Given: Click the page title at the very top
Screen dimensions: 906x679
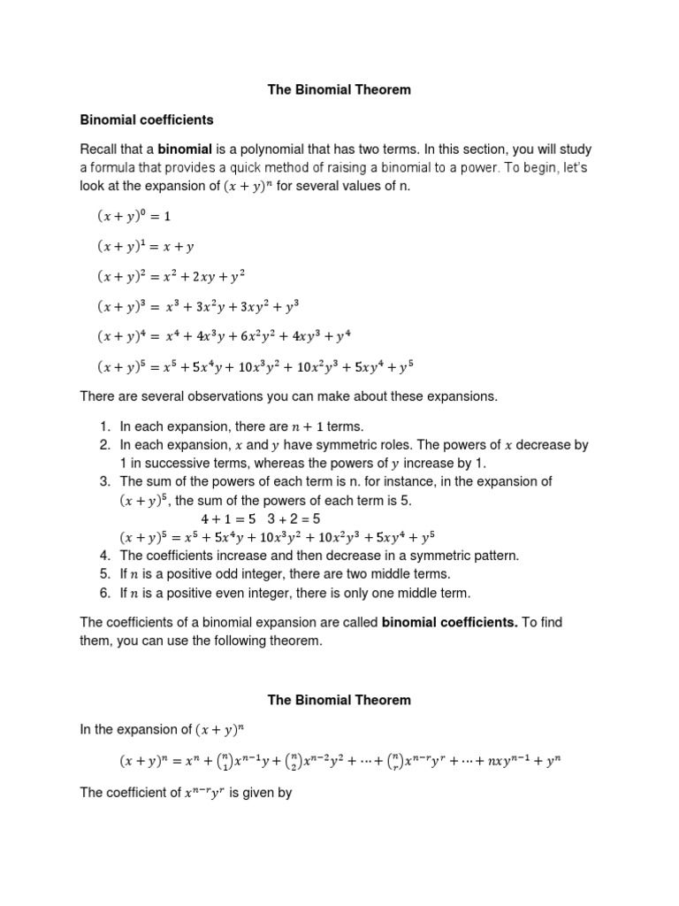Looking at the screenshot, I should click(x=339, y=89).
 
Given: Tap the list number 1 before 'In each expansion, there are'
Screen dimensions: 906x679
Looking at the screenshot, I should click(x=103, y=426).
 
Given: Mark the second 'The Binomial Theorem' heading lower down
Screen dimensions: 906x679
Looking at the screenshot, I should click(x=339, y=700).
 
